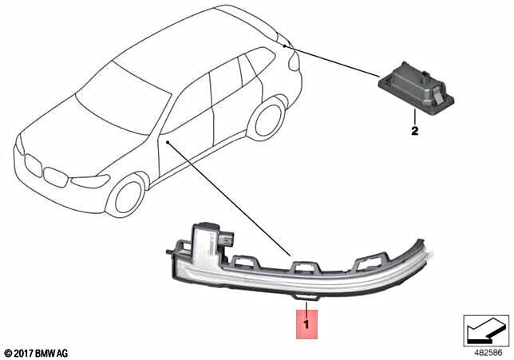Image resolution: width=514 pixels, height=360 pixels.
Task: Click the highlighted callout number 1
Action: [x=308, y=326]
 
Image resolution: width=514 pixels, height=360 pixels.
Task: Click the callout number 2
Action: [x=414, y=129]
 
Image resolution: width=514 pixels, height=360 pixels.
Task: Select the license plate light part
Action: [x=415, y=90]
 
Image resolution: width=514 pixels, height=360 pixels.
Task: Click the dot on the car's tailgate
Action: [x=285, y=46]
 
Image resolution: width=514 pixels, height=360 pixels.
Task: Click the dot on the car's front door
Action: [x=170, y=140]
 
